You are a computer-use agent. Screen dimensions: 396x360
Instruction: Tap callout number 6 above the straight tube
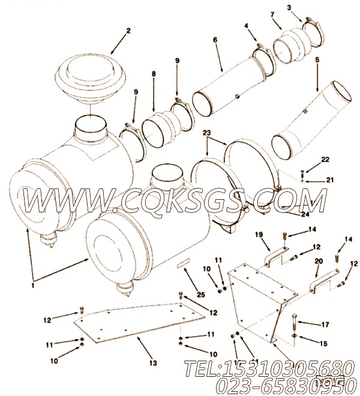(215, 40)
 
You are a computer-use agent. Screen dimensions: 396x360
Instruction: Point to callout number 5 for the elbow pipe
(317, 61)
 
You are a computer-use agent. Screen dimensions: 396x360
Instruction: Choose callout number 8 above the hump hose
(154, 74)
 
